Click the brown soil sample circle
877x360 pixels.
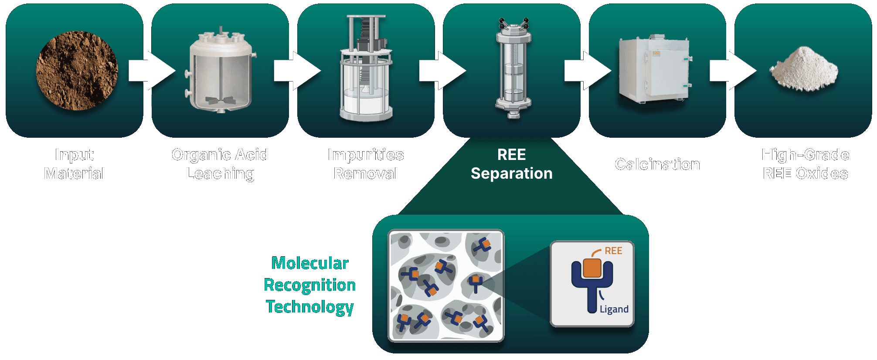click(77, 71)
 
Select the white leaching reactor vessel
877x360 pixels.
click(221, 72)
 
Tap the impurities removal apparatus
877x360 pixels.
click(366, 70)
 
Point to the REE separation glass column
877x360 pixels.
click(513, 70)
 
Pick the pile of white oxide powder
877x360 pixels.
click(804, 70)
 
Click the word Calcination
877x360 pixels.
click(657, 164)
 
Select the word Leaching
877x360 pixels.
click(220, 173)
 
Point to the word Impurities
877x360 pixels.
click(366, 155)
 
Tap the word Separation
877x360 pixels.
click(512, 173)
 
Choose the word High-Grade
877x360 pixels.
click(806, 155)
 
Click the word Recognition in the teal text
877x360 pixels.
click(310, 285)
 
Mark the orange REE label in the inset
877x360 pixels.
click(613, 251)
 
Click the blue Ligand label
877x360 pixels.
click(614, 309)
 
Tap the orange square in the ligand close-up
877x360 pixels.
click(592, 268)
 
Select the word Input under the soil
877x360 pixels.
click(75, 155)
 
